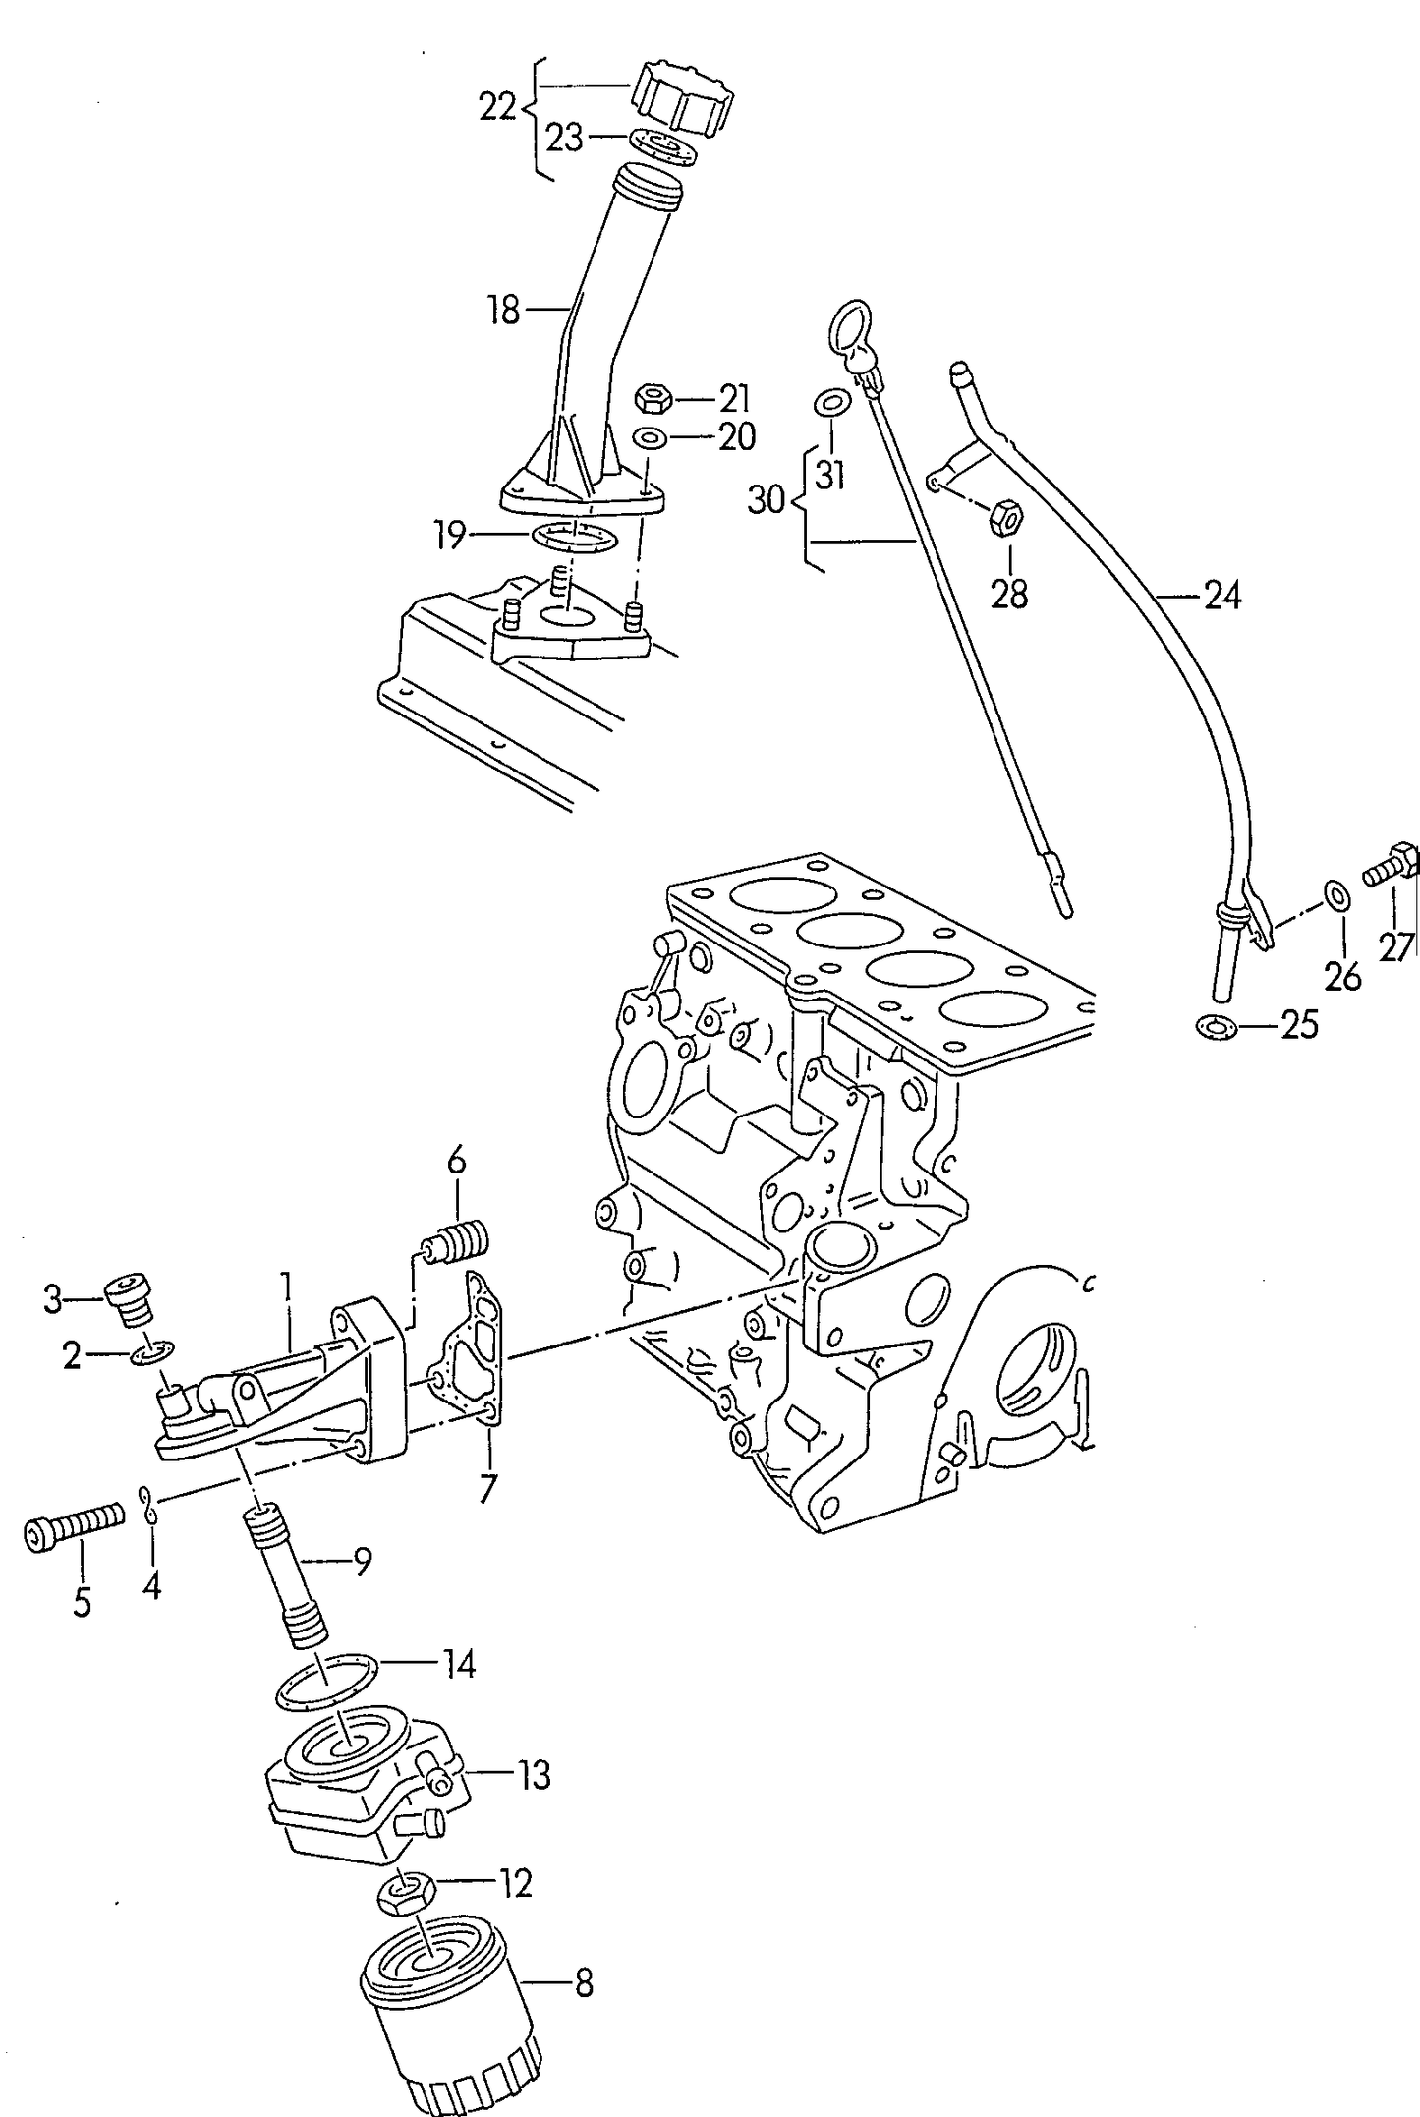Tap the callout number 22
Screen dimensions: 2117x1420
click(x=497, y=107)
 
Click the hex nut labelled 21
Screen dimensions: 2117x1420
click(x=653, y=399)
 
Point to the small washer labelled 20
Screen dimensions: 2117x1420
click(x=647, y=436)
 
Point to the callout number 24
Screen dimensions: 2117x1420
click(x=1222, y=596)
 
